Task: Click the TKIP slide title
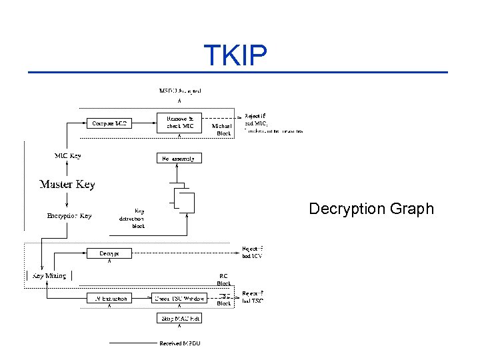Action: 235,56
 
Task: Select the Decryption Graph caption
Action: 371,209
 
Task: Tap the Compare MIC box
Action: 109,123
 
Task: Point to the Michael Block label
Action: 222,129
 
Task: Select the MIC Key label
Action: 67,156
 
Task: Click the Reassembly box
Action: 179,159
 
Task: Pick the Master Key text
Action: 67,184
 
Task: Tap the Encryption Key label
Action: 69,216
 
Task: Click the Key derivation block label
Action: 131,219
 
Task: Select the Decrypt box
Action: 109,253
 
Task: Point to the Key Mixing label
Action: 49,275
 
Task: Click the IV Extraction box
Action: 109,299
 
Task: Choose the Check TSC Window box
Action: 179,299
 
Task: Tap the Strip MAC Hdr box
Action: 179,319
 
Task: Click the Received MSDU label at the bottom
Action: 179,343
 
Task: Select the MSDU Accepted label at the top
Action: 180,91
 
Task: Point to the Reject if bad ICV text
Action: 253,253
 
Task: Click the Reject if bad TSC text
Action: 253,297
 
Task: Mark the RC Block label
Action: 224,279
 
